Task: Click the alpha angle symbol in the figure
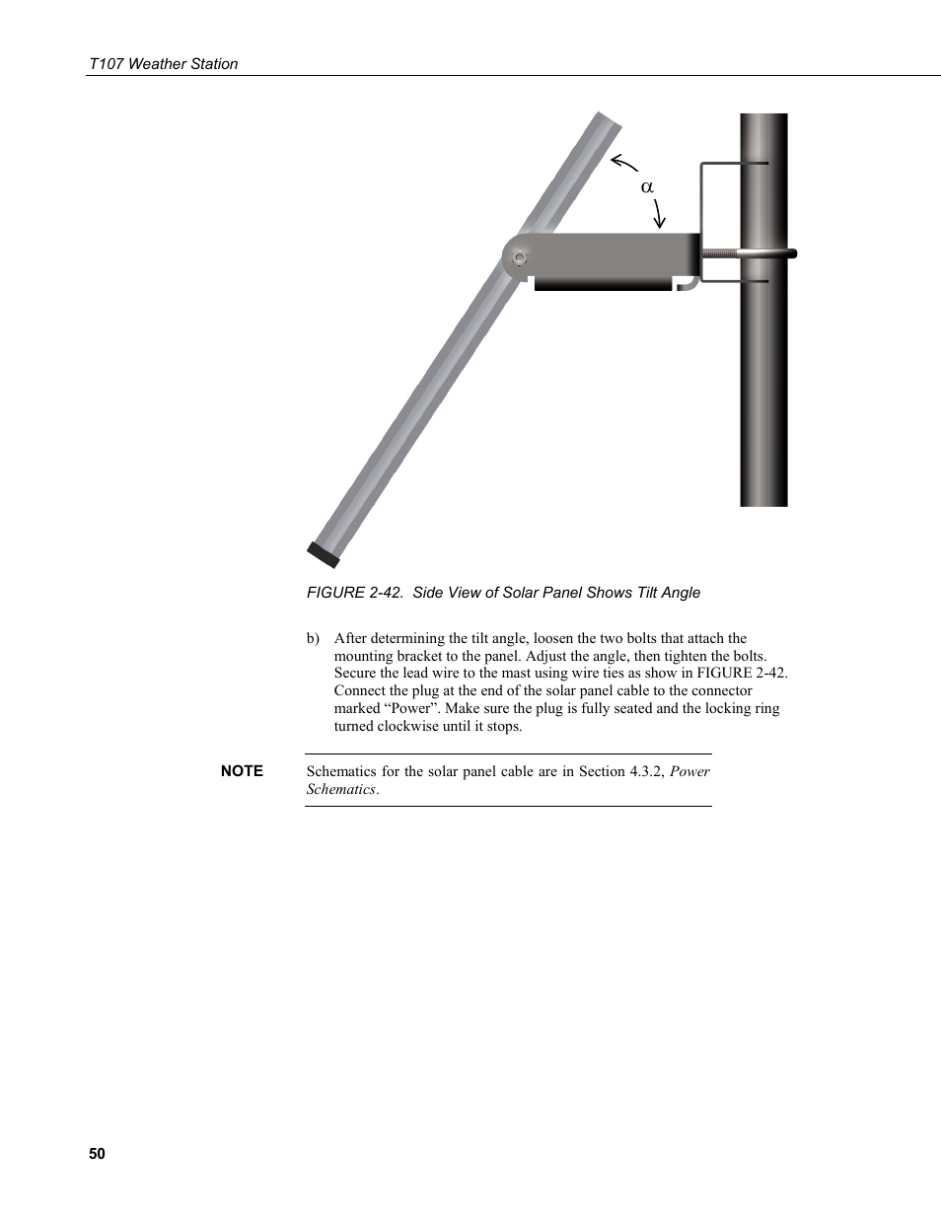point(647,186)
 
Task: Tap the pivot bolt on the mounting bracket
point(519,259)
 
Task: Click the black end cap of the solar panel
point(323,554)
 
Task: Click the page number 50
point(96,1154)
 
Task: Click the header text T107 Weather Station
point(163,64)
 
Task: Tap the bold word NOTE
point(242,771)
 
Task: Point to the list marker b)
point(313,638)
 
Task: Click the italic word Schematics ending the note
point(340,789)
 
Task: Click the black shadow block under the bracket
point(602,285)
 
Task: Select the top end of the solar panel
point(604,121)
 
